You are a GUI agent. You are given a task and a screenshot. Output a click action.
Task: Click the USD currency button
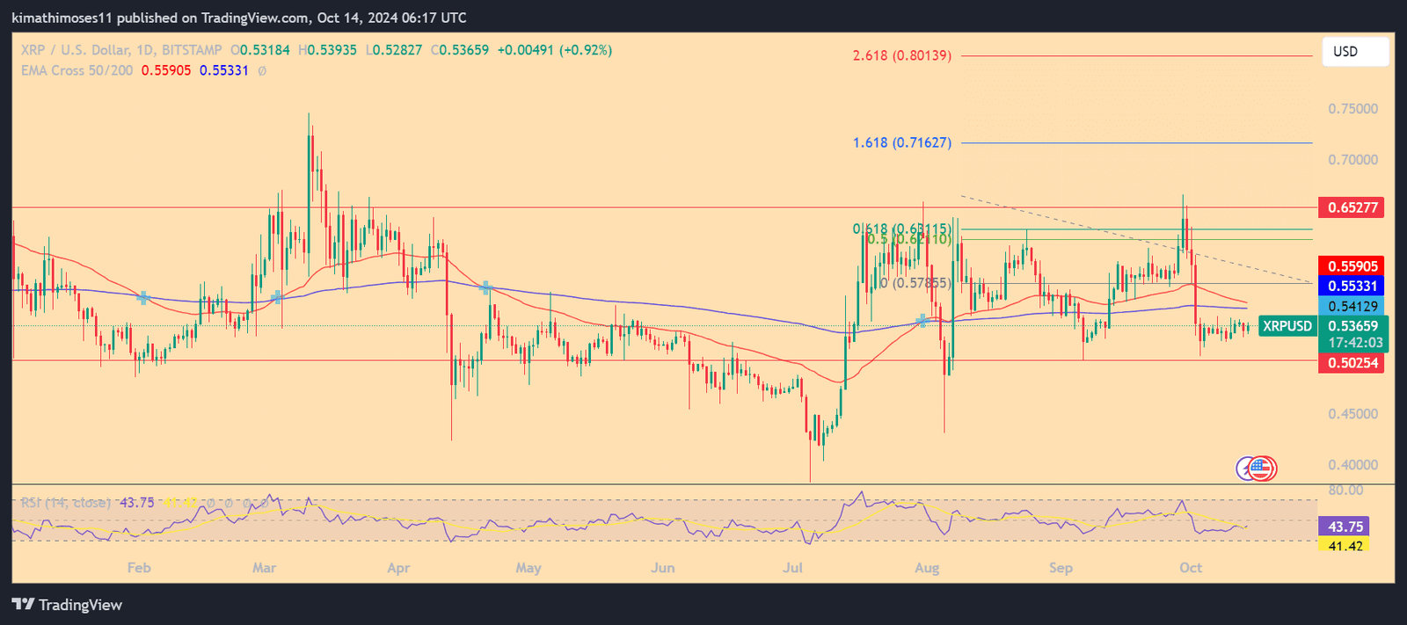[x=1354, y=52]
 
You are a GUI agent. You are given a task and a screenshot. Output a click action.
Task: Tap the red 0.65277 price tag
[x=1351, y=207]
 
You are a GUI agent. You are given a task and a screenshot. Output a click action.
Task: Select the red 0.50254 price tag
[x=1351, y=363]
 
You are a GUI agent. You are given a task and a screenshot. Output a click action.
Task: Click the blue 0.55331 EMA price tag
[x=1351, y=286]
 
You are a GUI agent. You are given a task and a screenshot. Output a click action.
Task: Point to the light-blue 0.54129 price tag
[x=1351, y=306]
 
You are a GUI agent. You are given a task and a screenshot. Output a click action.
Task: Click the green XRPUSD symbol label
[x=1287, y=326]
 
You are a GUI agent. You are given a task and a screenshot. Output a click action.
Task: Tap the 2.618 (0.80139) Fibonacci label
[x=901, y=55]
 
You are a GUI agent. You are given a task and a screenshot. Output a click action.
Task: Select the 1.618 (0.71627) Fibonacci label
[x=901, y=142]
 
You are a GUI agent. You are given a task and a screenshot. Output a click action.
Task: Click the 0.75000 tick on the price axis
[x=1352, y=109]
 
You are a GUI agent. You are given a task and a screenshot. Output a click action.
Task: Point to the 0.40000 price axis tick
[x=1352, y=465]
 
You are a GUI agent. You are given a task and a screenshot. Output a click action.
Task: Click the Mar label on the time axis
[x=264, y=568]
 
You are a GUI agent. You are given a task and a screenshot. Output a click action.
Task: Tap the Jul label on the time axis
[x=792, y=568]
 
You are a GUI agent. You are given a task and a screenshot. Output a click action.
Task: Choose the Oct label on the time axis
[x=1191, y=568]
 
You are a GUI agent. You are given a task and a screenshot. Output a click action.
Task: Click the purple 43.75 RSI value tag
[x=1345, y=527]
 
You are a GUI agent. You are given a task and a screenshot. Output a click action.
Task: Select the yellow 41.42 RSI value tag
[x=1345, y=546]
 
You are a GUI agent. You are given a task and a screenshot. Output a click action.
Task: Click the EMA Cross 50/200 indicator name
[x=77, y=70]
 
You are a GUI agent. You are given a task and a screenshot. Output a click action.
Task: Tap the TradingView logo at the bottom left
[x=67, y=605]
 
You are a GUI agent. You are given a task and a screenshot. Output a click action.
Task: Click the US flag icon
[x=1262, y=469]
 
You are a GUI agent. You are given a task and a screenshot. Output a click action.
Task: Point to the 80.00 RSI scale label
[x=1345, y=491]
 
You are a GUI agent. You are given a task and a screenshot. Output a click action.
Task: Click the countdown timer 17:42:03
[x=1355, y=343]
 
